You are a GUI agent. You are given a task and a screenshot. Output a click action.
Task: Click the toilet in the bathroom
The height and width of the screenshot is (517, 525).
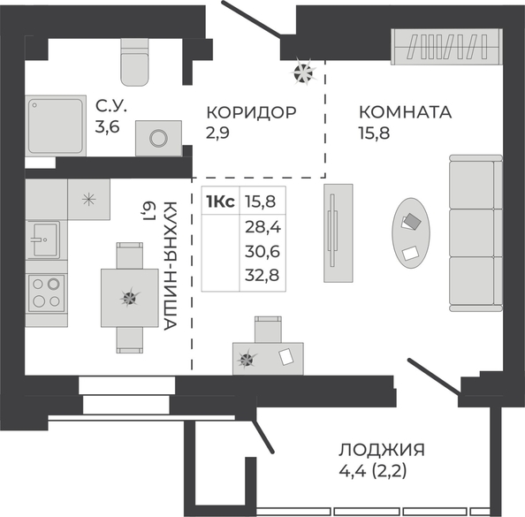[x=134, y=62]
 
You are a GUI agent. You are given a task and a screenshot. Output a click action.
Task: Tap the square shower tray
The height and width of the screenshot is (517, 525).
[x=56, y=125]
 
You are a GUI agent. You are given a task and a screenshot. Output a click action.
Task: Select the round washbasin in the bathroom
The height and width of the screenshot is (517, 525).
[x=158, y=138]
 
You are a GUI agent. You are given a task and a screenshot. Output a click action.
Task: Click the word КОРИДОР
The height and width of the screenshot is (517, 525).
[x=251, y=112]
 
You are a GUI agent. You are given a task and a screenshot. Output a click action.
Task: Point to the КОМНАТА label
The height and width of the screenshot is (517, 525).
[x=405, y=112]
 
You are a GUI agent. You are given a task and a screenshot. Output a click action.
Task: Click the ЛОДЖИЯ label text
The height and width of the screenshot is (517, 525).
[x=382, y=450]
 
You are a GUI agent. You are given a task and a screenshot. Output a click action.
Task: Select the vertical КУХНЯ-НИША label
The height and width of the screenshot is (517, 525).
[x=170, y=266]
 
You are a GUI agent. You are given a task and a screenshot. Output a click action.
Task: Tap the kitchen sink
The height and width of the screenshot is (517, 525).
[x=43, y=239]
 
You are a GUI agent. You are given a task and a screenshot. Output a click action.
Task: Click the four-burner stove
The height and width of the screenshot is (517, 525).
[x=46, y=293]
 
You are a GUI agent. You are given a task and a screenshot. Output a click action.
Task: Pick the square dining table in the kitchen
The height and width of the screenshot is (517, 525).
[x=130, y=298]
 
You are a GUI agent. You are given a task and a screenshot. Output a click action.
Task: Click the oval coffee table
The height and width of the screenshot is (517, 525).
[x=411, y=233]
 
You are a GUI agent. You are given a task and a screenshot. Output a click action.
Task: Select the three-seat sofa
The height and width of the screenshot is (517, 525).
[x=476, y=233]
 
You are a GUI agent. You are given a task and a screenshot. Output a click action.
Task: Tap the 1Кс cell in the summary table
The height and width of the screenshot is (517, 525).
[x=221, y=201]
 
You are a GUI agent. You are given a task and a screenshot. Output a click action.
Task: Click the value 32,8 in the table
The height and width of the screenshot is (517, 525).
[x=262, y=275]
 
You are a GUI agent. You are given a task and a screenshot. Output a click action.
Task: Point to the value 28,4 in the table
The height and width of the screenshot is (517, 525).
[x=262, y=228]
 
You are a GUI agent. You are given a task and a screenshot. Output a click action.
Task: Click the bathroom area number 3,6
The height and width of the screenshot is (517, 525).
[x=108, y=127]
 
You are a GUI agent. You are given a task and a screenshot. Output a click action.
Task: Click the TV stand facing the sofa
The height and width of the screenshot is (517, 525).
[x=339, y=233]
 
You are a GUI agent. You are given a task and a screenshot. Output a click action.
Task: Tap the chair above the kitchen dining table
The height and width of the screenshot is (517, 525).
[x=130, y=255]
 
